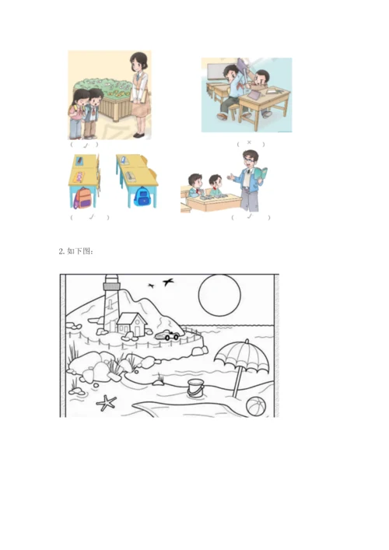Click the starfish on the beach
(106, 402)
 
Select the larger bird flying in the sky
(168, 281)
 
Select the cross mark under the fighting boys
(249, 143)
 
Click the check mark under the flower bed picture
(83, 143)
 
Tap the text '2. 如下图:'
(75, 251)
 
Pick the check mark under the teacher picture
(249, 217)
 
